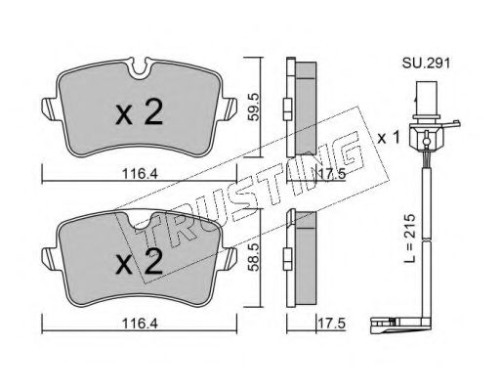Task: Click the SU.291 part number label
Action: (x=426, y=63)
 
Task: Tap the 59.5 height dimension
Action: (x=254, y=107)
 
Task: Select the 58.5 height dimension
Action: (x=254, y=256)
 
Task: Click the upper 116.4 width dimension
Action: (x=140, y=174)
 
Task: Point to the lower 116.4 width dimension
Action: (x=140, y=324)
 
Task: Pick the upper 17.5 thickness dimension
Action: (x=331, y=174)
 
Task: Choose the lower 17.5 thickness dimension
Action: (x=331, y=324)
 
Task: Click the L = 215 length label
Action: (x=411, y=239)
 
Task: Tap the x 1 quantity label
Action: (x=389, y=138)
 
